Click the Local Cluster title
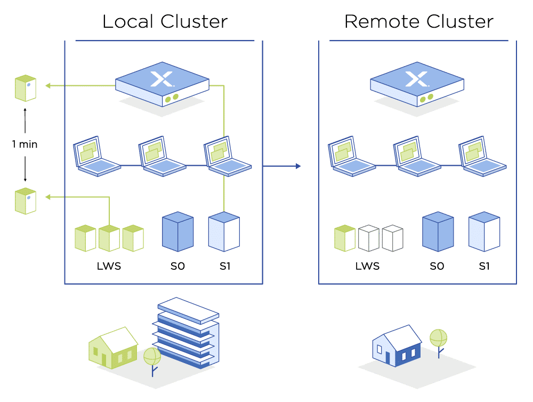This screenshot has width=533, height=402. pos(165,21)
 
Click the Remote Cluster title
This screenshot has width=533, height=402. pos(419,21)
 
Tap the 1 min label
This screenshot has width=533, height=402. pos(25,144)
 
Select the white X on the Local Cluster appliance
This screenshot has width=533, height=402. pos(162,79)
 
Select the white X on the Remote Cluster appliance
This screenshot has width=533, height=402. pos(417,79)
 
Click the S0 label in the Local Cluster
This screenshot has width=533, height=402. pos(177,266)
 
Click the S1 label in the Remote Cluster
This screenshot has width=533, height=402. pos(484,266)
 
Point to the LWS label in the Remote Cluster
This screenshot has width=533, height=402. pos(367,266)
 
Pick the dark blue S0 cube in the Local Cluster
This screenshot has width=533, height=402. pos(178,231)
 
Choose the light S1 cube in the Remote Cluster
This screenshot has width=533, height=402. pos(484,231)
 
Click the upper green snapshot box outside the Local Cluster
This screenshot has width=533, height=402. pos(26,89)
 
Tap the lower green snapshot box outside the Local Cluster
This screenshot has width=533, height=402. pos(26,201)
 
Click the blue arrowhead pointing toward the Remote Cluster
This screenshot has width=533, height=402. pos(298,166)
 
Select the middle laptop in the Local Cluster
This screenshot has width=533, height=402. pos(162,156)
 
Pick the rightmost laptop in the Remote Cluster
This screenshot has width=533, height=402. pos(482,156)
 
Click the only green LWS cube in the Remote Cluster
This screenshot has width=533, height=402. pos(345,238)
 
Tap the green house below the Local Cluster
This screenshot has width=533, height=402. pos(113,348)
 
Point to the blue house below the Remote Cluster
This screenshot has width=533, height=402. pos(397,345)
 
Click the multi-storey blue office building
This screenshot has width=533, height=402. pos(185,333)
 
